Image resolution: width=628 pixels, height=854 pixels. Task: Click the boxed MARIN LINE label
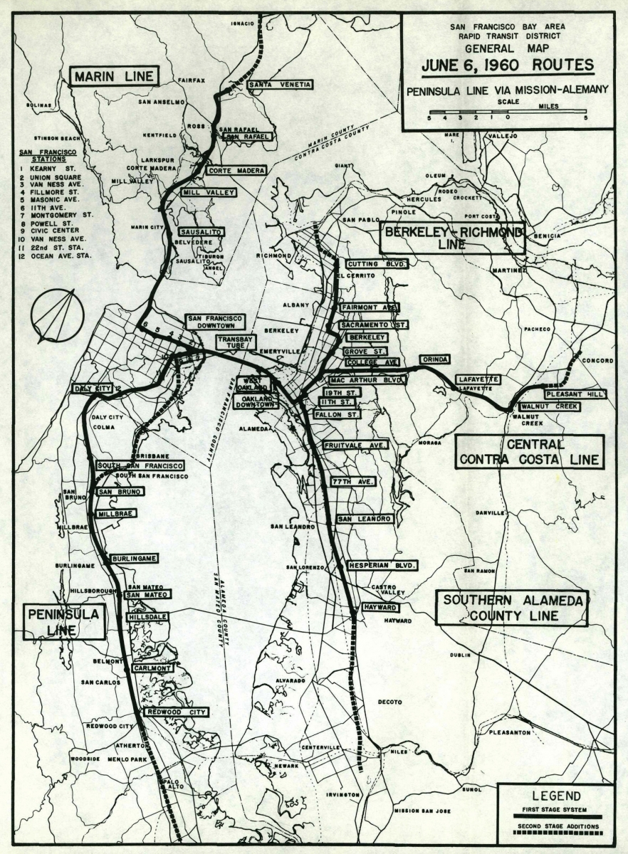point(114,76)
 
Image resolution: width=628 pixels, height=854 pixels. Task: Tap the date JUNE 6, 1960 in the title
point(507,65)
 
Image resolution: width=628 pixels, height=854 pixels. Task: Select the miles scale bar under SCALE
point(507,112)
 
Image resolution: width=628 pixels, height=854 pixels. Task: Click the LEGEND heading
point(555,795)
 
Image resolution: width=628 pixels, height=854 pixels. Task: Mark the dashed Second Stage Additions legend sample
point(555,833)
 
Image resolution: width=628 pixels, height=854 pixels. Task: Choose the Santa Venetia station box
point(280,85)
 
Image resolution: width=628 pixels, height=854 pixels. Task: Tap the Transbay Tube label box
point(235,342)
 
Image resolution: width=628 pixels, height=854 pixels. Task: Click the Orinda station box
point(436,359)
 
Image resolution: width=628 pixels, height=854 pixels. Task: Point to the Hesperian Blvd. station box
point(382,566)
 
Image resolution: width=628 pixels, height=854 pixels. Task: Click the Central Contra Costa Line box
point(529,452)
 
